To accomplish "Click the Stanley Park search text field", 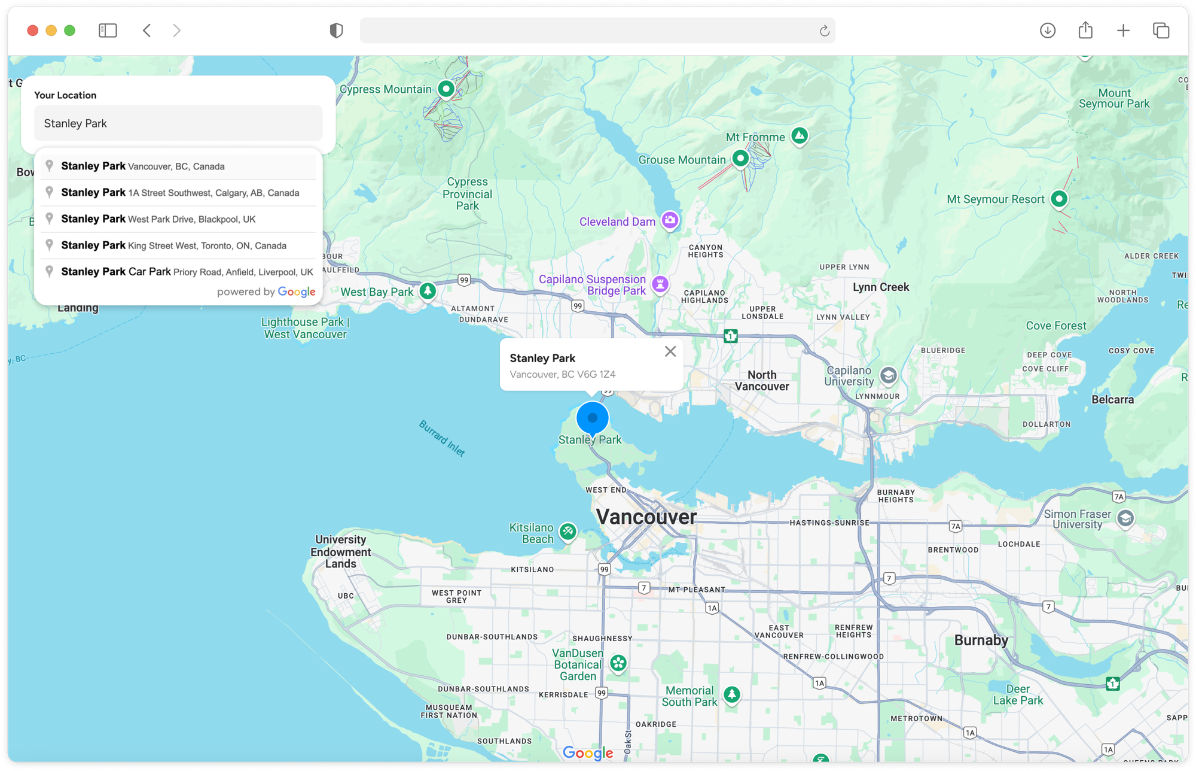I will coord(178,123).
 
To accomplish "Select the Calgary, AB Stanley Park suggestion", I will coord(179,193).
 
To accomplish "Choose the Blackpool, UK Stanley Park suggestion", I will coord(179,219).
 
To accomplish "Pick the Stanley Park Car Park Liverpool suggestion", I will coord(179,272).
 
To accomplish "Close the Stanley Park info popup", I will coord(670,351).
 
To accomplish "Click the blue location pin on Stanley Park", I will coord(593,418).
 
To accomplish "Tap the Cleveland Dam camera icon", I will coord(670,220).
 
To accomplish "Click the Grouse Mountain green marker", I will coord(740,159).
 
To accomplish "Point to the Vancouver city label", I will coord(646,517).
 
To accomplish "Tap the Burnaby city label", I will coord(981,640).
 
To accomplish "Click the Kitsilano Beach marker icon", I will coord(568,530).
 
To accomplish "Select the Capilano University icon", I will coord(889,375).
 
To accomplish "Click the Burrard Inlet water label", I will coord(442,438).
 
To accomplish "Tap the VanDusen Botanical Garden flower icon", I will coord(618,663).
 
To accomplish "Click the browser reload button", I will coord(824,31).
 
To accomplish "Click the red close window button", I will coord(33,31).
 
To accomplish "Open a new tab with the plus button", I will coord(1123,31).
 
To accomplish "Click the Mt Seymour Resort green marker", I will coord(1059,198).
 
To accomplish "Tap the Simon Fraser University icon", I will coord(1125,518).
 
